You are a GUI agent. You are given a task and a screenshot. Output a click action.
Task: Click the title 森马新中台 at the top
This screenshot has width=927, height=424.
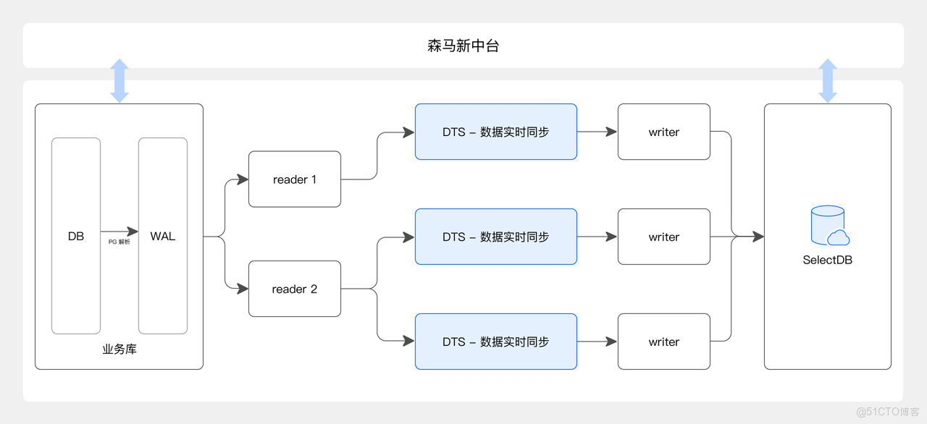coord(463,46)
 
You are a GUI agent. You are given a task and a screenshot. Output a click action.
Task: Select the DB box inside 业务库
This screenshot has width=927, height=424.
coord(76,236)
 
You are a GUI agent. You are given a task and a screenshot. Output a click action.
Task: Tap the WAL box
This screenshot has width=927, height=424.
coord(163,236)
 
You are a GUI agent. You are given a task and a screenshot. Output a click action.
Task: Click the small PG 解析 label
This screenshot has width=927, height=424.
coord(119,242)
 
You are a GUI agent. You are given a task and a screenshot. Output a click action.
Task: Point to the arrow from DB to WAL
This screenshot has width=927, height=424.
coord(119,232)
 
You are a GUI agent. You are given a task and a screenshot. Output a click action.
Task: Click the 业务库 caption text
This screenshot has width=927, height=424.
coord(119,349)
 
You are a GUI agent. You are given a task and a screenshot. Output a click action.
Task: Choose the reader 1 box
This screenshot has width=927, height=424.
coord(294,179)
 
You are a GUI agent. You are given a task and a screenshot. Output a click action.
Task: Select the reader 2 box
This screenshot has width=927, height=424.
coord(294,289)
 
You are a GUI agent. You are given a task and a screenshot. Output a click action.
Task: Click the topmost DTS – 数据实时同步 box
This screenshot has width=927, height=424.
coord(495,132)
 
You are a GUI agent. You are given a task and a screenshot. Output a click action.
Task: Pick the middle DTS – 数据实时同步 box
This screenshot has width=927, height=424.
coord(495,237)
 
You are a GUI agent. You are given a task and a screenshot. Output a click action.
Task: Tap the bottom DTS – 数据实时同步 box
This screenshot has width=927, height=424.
coord(495,342)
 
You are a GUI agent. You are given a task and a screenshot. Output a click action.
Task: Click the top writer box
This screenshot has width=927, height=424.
coord(663,132)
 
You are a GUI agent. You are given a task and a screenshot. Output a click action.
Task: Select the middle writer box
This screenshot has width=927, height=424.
coord(663,237)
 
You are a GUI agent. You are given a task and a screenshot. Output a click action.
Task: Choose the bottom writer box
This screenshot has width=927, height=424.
coord(663,342)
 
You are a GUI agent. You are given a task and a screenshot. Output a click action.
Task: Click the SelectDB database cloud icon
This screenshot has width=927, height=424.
coord(829,226)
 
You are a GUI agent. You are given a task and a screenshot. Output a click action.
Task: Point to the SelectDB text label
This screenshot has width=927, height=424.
coord(828,260)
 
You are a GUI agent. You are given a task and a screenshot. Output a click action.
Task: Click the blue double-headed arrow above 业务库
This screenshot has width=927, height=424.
coord(119,80)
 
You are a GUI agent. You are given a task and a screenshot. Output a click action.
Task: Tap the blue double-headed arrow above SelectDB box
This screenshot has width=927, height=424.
coord(828,80)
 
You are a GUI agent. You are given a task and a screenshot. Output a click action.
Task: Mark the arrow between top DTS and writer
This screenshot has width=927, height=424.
coord(597,132)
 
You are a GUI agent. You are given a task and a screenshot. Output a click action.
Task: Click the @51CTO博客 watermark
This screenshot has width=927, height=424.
coord(887,412)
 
